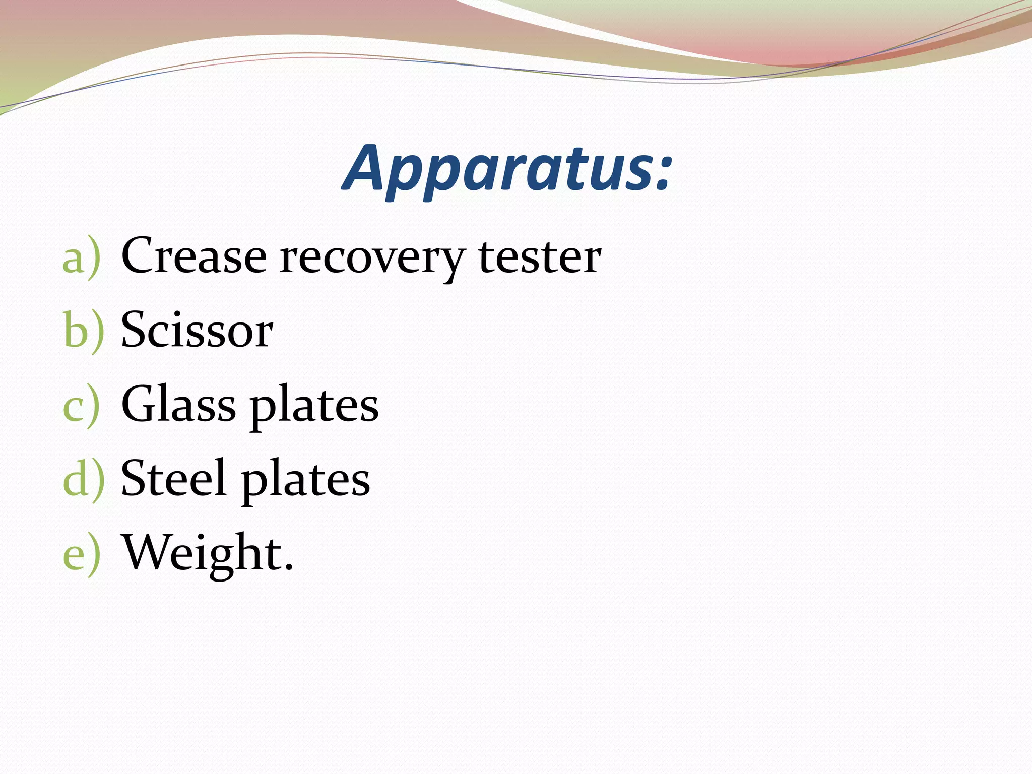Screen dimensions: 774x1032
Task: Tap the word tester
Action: tap(540, 257)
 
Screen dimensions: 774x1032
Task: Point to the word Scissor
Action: tap(197, 330)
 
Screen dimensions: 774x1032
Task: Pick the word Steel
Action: tap(173, 478)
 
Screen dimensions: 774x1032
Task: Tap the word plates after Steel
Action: tap(305, 480)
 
